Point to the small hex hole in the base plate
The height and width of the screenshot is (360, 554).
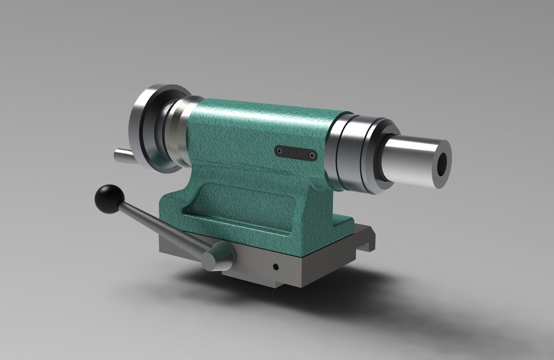tap(275, 268)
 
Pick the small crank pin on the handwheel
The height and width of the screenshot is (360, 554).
tap(122, 155)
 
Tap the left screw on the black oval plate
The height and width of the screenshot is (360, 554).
tap(280, 151)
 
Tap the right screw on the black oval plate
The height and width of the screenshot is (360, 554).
tap(312, 155)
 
